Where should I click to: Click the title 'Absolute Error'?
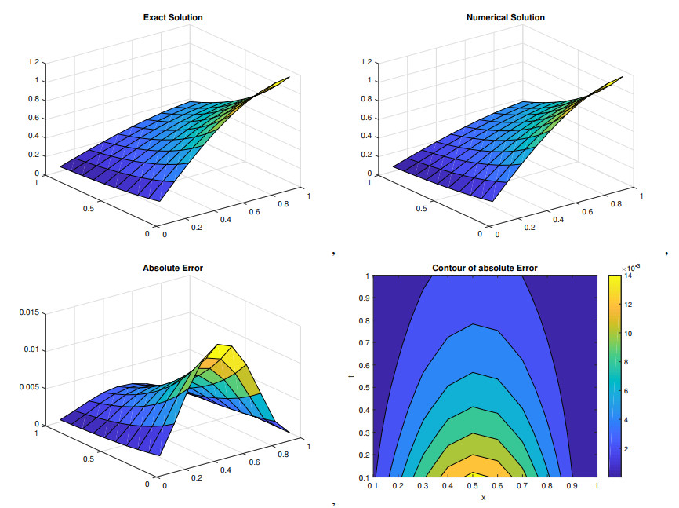172,268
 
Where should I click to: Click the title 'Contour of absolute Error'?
485,269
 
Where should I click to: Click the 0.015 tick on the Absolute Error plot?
28,312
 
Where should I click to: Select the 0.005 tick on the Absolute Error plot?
28,387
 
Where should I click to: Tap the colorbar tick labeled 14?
629,276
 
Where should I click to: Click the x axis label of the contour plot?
484,496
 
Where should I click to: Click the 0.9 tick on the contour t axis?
365,298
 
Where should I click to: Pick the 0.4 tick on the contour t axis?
365,410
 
